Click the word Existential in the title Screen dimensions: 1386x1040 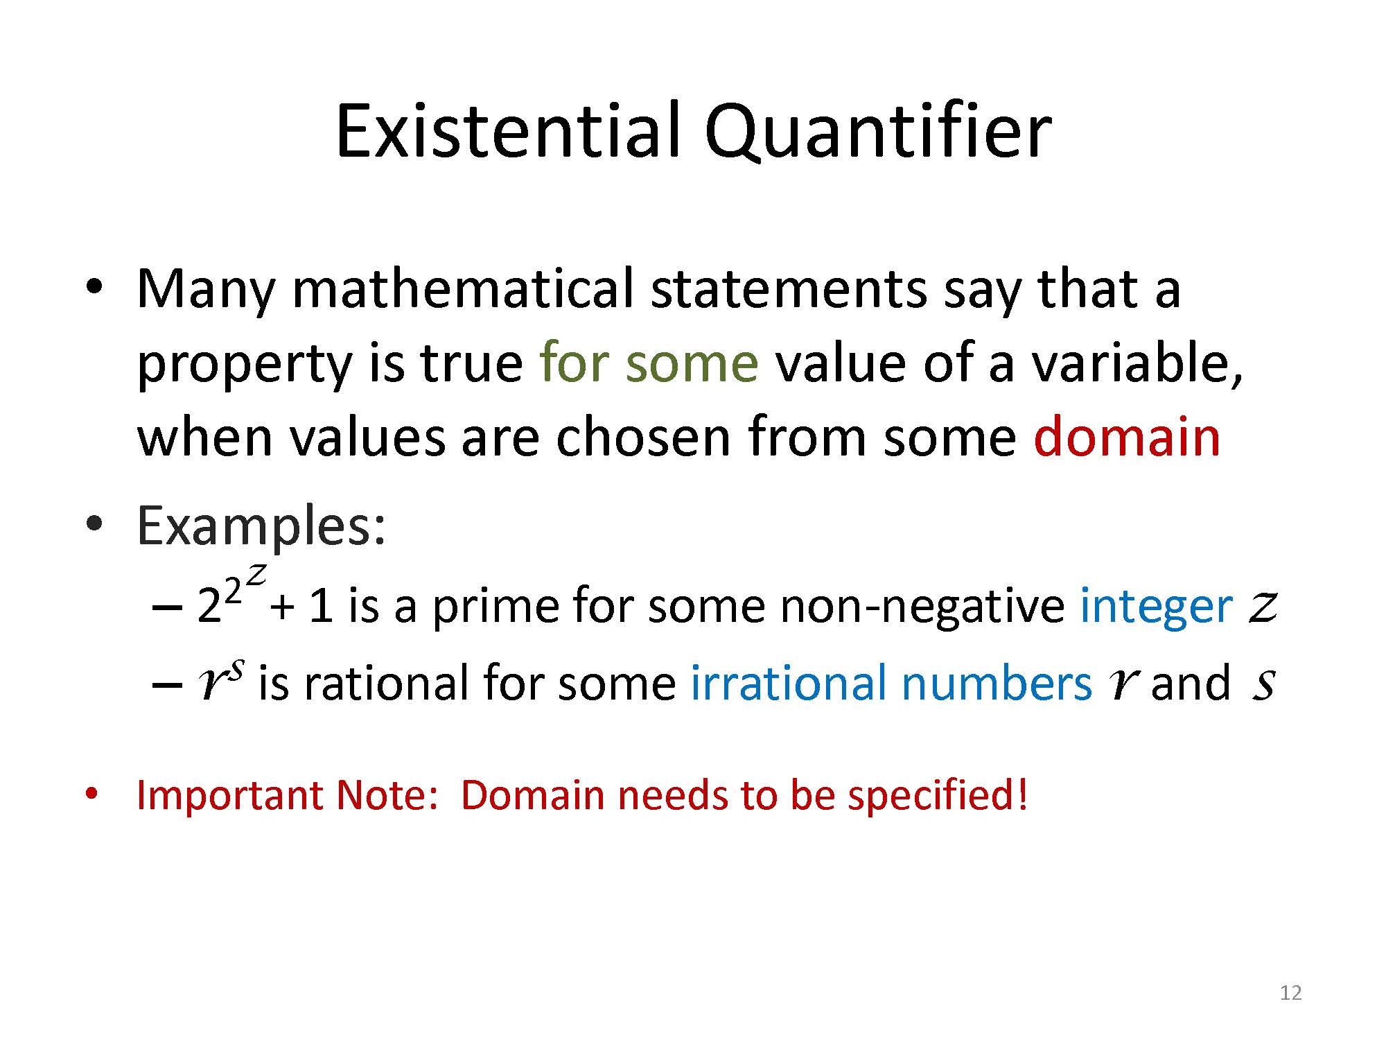pyautogui.click(x=510, y=130)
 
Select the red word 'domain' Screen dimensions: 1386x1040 pyautogui.click(x=1127, y=436)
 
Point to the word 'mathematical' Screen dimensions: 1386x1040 pyautogui.click(x=463, y=288)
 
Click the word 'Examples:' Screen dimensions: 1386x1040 pyautogui.click(x=261, y=527)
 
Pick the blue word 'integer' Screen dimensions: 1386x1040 pyautogui.click(x=1157, y=606)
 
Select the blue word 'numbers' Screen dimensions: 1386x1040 pyautogui.click(x=997, y=682)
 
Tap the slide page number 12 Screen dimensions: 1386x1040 pyautogui.click(x=1290, y=993)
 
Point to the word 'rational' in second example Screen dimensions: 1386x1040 pyautogui.click(x=388, y=682)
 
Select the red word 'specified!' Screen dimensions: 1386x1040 pyautogui.click(x=938, y=796)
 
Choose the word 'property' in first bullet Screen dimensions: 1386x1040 pyautogui.click(x=245, y=364)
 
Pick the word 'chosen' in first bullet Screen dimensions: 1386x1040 pyautogui.click(x=643, y=437)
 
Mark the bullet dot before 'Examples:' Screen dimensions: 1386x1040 pyautogui.click(x=94, y=524)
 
